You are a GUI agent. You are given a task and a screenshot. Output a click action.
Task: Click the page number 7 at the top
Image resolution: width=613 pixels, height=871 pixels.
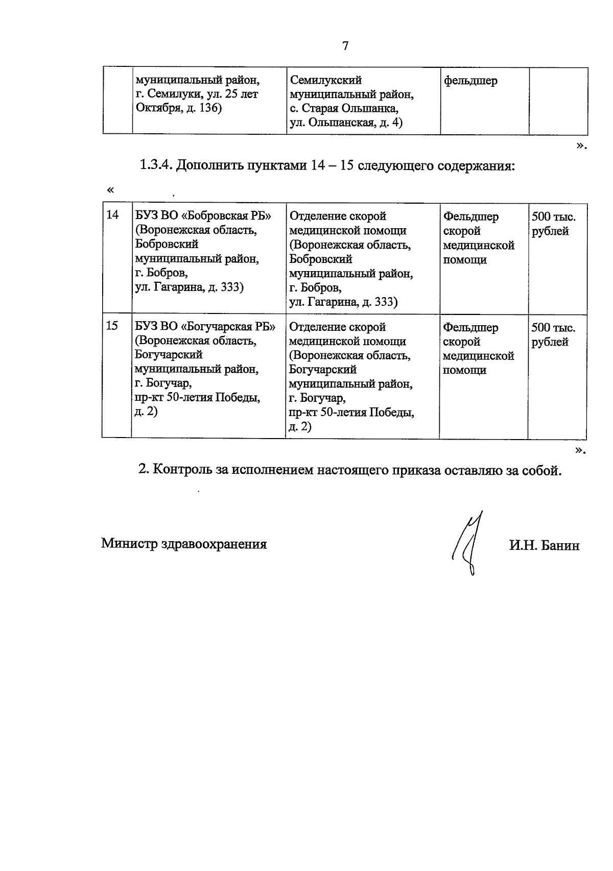click(x=345, y=46)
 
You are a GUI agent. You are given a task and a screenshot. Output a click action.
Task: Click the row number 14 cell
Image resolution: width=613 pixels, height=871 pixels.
click(x=112, y=215)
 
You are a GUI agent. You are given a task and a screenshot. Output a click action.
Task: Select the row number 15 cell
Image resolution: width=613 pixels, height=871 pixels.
click(x=112, y=326)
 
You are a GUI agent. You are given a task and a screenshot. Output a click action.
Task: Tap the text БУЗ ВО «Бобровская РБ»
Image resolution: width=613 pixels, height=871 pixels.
click(x=203, y=215)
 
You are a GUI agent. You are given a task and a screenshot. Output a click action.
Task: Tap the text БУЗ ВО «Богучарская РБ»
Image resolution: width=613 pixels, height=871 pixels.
click(x=205, y=326)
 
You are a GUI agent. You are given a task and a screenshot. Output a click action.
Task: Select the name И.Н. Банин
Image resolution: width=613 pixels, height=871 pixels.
click(x=544, y=545)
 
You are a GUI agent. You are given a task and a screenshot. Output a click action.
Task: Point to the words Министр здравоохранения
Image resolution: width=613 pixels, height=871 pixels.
click(x=184, y=544)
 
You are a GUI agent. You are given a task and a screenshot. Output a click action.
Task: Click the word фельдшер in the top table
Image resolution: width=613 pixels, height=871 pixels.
click(x=470, y=81)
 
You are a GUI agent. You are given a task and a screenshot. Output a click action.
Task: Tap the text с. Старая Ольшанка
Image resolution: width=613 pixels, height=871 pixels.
click(x=344, y=109)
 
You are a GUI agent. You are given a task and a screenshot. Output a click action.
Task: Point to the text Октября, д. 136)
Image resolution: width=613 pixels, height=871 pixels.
click(x=178, y=109)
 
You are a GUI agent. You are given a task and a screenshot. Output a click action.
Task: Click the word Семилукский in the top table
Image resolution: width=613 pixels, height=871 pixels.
click(x=325, y=80)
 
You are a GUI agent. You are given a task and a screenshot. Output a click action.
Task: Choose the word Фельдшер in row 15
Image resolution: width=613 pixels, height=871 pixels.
click(x=470, y=327)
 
